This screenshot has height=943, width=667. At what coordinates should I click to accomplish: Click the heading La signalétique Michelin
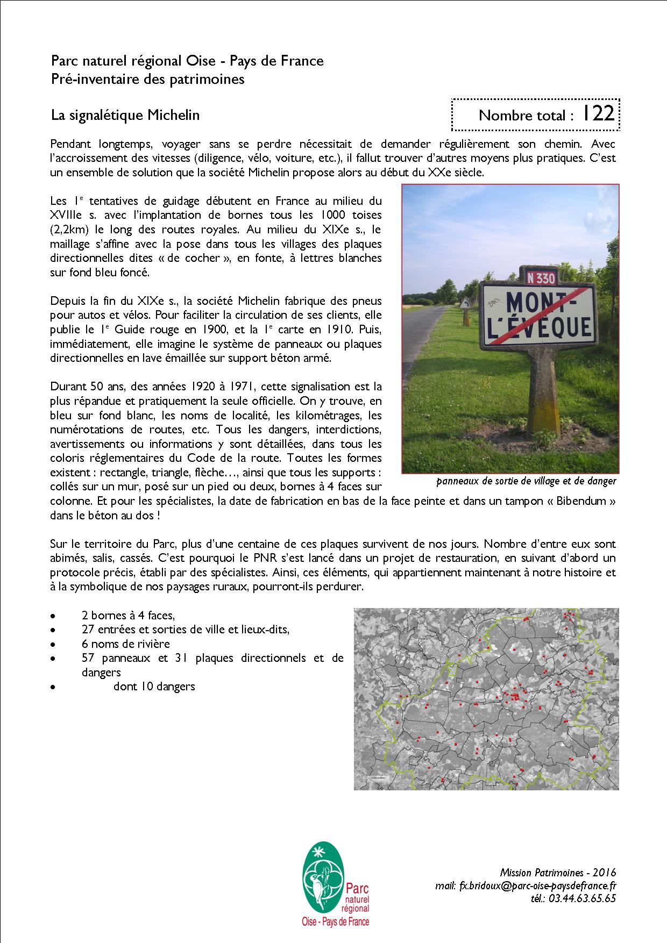tap(125, 115)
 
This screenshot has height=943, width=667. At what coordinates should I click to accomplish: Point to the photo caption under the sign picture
tap(526, 481)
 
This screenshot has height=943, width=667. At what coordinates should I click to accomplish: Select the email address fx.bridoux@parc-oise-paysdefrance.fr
tap(526, 885)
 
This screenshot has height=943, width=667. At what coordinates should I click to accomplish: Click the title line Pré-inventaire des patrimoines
tap(148, 79)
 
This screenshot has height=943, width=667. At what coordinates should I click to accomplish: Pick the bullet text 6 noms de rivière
tap(125, 644)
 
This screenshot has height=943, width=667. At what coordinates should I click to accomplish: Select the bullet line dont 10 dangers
tap(154, 686)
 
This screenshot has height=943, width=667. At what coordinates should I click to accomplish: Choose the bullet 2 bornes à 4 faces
tap(129, 616)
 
